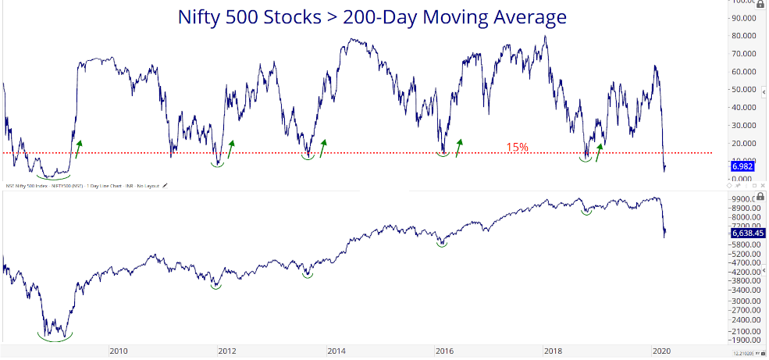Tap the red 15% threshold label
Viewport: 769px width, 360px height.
pyautogui.click(x=516, y=147)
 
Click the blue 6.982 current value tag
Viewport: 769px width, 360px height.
pyautogui.click(x=741, y=166)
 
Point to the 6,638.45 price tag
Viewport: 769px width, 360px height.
pyautogui.click(x=746, y=232)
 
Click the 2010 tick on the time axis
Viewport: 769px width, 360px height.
pyautogui.click(x=119, y=351)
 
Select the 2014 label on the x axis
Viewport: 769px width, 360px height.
pyautogui.click(x=336, y=351)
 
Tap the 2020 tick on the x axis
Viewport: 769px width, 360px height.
pyautogui.click(x=661, y=351)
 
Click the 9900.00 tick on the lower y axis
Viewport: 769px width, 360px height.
pyautogui.click(x=746, y=199)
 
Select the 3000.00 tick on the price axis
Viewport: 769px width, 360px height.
pyautogui.click(x=746, y=301)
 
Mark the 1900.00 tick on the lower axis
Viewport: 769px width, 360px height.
pyautogui.click(x=746, y=340)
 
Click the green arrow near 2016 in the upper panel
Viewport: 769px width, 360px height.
pyautogui.click(x=458, y=148)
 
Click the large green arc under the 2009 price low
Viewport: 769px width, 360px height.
pyautogui.click(x=55, y=337)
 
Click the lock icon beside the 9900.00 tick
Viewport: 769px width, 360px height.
pyautogui.click(x=760, y=197)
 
